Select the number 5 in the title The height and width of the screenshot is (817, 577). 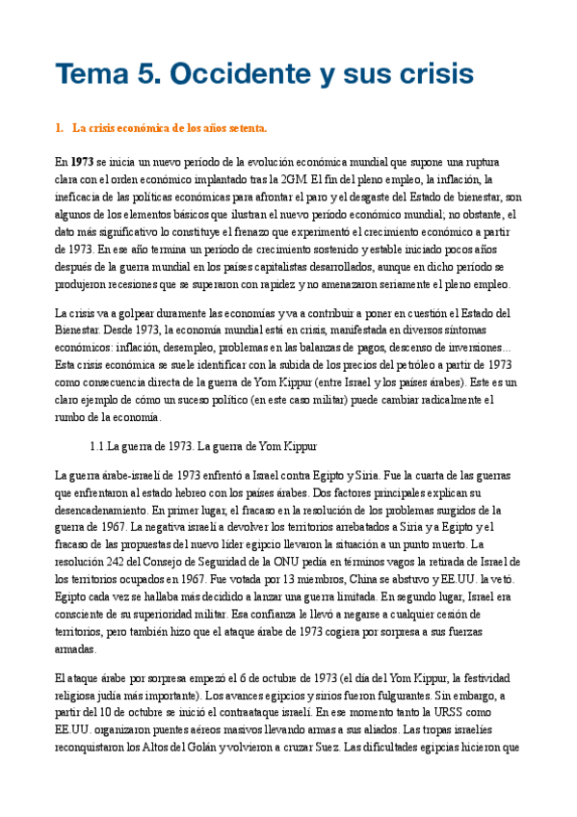pyautogui.click(x=145, y=73)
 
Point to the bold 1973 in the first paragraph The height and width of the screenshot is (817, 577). pyautogui.click(x=81, y=162)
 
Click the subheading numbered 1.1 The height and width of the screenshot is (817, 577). pyautogui.click(x=202, y=447)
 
